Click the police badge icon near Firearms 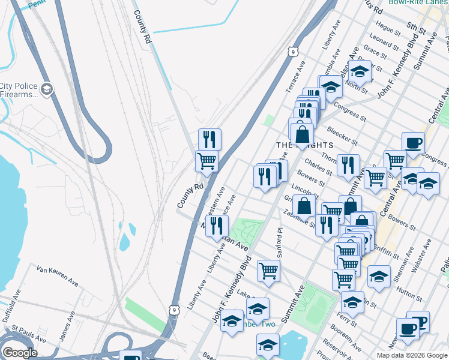point(47,90)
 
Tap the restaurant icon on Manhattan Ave point(217,226)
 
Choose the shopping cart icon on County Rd point(206,160)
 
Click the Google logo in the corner point(20,353)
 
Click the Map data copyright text point(412,355)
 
